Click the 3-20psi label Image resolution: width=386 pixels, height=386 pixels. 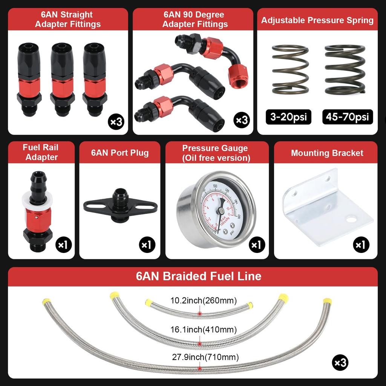click(289, 117)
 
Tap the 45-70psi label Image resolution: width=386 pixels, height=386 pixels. click(348, 117)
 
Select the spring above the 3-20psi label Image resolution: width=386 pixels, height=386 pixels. click(290, 69)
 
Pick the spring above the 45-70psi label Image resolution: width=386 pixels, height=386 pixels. click(345, 69)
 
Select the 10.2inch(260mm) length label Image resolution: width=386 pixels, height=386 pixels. click(204, 300)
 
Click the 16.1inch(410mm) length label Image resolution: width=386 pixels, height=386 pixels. click(204, 330)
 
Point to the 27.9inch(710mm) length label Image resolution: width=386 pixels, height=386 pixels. click(205, 357)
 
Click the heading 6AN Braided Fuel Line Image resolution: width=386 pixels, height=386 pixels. click(198, 276)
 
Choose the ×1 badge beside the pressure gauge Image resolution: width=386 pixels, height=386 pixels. click(257, 245)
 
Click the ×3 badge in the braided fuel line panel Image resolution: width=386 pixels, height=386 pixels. click(340, 363)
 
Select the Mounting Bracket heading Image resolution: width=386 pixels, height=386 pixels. click(327, 153)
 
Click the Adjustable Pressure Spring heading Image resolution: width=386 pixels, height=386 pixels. click(317, 20)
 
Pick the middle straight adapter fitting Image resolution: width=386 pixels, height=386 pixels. click(62, 79)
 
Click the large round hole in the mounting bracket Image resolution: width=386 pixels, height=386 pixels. click(351, 219)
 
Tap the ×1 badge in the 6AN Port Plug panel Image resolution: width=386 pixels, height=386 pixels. click(147, 245)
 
